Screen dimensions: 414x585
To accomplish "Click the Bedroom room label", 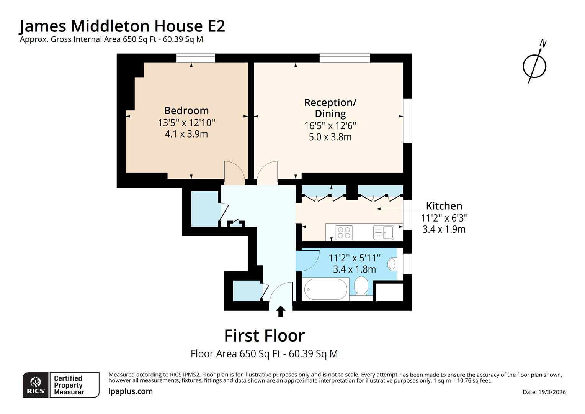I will pos(186,110).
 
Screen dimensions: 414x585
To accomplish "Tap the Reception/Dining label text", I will pos(330,108).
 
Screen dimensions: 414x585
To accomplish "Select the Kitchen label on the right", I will pos(444,206).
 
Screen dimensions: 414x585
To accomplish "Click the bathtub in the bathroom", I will pos(325,289).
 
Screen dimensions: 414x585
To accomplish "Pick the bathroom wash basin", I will pos(392,264).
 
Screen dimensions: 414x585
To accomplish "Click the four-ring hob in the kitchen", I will pos(344,232).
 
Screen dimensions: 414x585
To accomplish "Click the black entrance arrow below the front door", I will pos(281,311).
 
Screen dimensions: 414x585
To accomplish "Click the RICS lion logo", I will pos(36,384).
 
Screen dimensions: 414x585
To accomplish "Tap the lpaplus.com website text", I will pos(131,391).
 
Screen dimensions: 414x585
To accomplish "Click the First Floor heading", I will pos(264,335).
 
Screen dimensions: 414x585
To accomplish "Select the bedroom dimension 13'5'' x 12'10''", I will pos(186,123).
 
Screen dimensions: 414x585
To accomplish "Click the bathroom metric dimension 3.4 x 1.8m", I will pos(354,269).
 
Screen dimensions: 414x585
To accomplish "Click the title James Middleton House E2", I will pos(122,26).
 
